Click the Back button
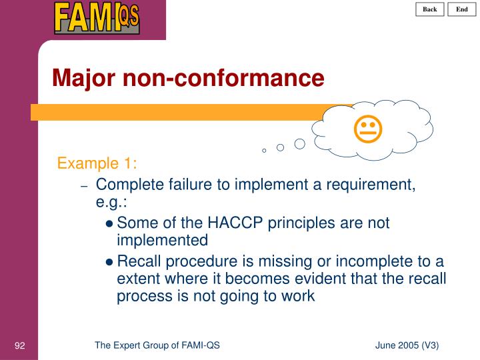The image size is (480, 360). click(430, 9)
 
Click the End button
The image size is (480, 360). click(461, 9)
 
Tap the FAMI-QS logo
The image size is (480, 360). click(97, 17)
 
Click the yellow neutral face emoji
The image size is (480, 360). click(367, 129)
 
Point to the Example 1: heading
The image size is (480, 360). click(97, 164)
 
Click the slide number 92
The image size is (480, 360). click(19, 345)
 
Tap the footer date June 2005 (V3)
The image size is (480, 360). click(407, 345)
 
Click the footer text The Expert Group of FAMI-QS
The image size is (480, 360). click(157, 345)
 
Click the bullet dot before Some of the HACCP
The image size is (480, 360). click(109, 224)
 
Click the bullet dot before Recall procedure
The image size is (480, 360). click(109, 261)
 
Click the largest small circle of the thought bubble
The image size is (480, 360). click(300, 143)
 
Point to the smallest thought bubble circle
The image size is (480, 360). click(264, 151)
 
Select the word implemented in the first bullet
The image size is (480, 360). click(162, 240)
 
